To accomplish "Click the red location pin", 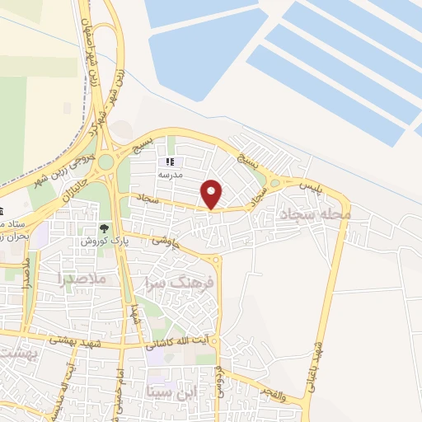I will pos(212,195).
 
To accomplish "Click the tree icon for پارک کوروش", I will pos(104,228).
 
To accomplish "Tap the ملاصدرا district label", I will pos(83,279).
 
